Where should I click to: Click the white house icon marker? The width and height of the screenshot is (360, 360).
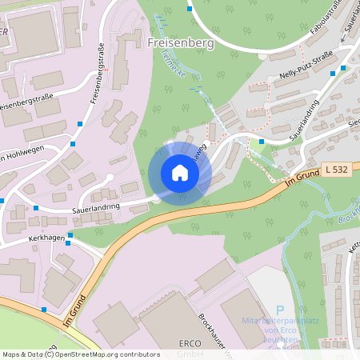pyautogui.click(x=179, y=172)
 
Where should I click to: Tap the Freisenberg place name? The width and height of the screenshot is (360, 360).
pyautogui.click(x=182, y=44)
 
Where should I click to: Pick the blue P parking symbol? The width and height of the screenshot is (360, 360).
pyautogui.click(x=280, y=310)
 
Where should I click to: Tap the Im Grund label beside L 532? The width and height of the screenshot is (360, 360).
pyautogui.click(x=301, y=182)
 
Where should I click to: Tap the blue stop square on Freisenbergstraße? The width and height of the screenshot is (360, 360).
pyautogui.click(x=81, y=124)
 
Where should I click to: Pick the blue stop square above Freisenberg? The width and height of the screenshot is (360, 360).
pyautogui.click(x=190, y=10)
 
